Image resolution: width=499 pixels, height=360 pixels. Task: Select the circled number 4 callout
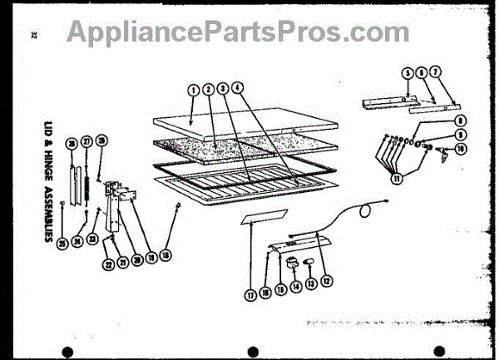click(x=238, y=87)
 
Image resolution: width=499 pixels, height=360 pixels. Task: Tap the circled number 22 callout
click(x=110, y=264)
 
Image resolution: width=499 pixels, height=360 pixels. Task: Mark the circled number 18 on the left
click(x=165, y=254)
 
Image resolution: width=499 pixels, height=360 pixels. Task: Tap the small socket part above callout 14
click(x=292, y=262)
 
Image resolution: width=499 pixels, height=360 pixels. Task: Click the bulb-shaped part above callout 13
click(x=306, y=263)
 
